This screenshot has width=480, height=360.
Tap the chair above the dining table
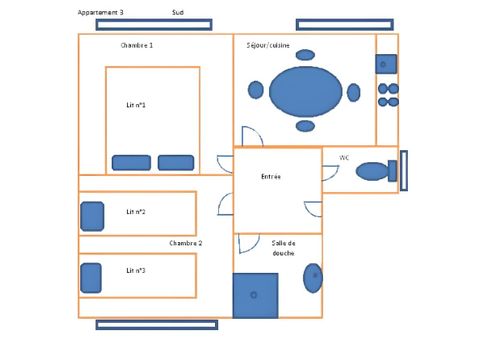[x=305, y=55]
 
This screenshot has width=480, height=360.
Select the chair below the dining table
[x=305, y=126]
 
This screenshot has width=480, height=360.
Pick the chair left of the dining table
[x=255, y=90]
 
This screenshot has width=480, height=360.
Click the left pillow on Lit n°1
[x=131, y=162]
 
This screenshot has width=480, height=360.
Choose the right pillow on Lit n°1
[x=175, y=162]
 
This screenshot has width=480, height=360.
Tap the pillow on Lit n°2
[x=92, y=215]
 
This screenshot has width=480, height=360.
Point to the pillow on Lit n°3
[x=92, y=277]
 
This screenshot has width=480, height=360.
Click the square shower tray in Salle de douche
[x=255, y=295]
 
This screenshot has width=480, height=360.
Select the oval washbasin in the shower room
[x=313, y=277]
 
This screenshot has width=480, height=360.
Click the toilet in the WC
[x=373, y=171]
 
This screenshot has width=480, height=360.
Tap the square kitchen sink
[x=387, y=64]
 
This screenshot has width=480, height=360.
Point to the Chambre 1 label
[x=137, y=45]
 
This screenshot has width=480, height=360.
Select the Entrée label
[x=271, y=176]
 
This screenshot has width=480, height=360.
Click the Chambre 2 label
[x=185, y=243]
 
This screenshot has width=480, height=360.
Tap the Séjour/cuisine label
[x=268, y=45]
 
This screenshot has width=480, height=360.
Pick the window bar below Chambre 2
[x=156, y=324]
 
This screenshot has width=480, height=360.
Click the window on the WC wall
[x=404, y=170]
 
